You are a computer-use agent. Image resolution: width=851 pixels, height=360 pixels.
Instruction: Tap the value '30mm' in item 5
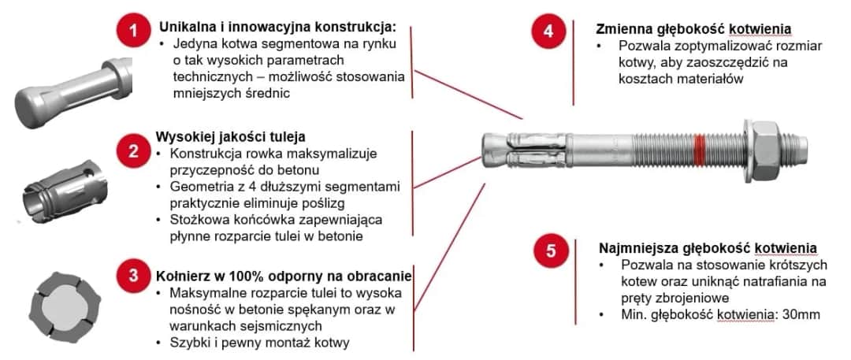pyautogui.click(x=803, y=314)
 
